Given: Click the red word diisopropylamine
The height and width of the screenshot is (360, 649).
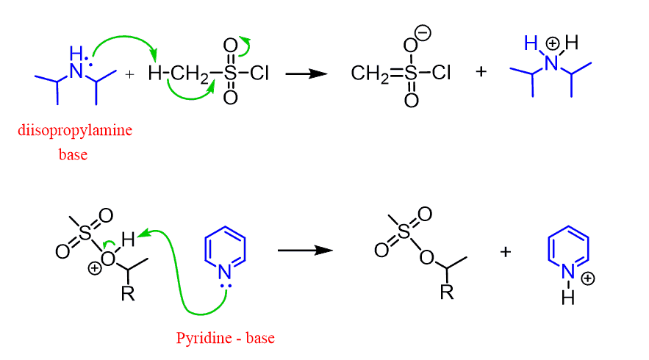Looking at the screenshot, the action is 75,131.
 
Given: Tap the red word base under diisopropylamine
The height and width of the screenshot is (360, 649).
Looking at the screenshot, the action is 73,154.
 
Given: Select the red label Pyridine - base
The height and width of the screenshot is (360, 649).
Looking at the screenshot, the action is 225,338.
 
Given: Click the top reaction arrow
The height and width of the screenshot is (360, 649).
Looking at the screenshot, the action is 306,74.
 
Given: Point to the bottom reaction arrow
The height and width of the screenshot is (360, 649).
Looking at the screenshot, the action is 305,251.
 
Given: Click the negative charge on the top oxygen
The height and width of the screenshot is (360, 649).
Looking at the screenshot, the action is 423,32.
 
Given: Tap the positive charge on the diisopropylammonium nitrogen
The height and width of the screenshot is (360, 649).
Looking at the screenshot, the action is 552,43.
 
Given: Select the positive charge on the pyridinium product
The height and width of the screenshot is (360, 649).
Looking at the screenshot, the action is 588,278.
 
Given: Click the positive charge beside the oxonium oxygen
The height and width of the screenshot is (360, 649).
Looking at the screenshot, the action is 95,269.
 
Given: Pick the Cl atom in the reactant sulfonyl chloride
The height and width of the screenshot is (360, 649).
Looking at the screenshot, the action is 259,73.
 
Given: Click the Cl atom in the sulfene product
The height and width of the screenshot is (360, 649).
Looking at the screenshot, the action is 441,73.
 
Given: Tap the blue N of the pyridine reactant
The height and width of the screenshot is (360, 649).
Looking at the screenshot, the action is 224,273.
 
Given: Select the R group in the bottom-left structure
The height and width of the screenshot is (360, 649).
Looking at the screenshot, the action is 128,293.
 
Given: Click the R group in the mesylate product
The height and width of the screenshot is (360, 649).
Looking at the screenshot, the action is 447,292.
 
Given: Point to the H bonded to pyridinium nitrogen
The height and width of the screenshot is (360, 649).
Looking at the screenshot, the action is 568,297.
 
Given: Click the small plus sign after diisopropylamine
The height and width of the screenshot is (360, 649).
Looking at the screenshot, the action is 129,74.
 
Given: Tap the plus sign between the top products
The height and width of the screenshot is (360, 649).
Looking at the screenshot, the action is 481,72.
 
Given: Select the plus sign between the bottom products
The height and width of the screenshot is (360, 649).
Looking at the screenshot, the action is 506,251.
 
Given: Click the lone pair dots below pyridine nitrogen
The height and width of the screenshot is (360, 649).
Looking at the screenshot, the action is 226,286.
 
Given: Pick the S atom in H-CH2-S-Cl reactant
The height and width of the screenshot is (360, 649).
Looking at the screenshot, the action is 230,73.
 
